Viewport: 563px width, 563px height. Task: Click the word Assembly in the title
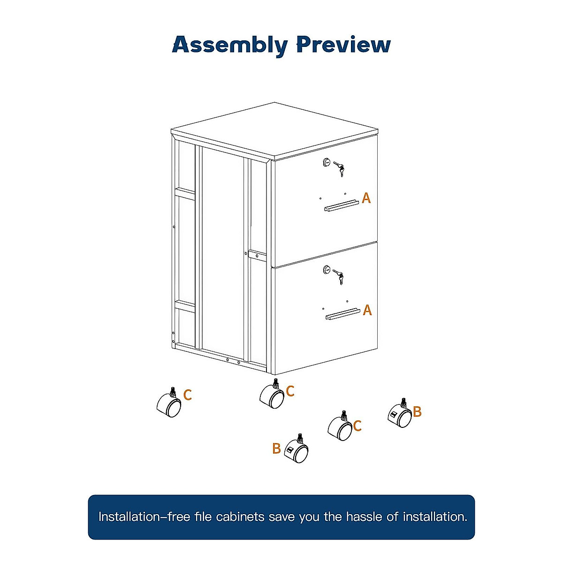pyautogui.click(x=230, y=46)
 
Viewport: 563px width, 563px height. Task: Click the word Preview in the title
pyautogui.click(x=343, y=45)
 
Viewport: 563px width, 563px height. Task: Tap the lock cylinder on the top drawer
pyautogui.click(x=327, y=163)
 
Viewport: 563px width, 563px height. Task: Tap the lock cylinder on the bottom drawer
pyautogui.click(x=327, y=269)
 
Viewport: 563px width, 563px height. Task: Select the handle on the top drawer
pyautogui.click(x=342, y=206)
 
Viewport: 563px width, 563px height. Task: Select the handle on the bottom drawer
pyautogui.click(x=343, y=313)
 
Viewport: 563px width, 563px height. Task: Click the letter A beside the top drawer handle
pyautogui.click(x=366, y=198)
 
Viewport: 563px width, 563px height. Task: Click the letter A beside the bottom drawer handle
pyautogui.click(x=367, y=310)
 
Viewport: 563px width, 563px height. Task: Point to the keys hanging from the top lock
pyautogui.click(x=339, y=169)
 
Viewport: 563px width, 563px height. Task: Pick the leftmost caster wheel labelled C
pyautogui.click(x=169, y=404)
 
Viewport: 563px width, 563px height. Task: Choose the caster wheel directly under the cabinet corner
pyautogui.click(x=272, y=396)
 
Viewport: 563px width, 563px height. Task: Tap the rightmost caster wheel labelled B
pyautogui.click(x=400, y=415)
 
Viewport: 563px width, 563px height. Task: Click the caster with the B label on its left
pyautogui.click(x=297, y=451)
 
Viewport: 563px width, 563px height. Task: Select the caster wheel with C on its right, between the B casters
pyautogui.click(x=340, y=427)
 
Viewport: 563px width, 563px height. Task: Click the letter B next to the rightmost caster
pyautogui.click(x=417, y=412)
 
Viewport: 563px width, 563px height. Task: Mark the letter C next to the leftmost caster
pyautogui.click(x=188, y=395)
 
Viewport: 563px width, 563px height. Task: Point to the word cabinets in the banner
pyautogui.click(x=240, y=517)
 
